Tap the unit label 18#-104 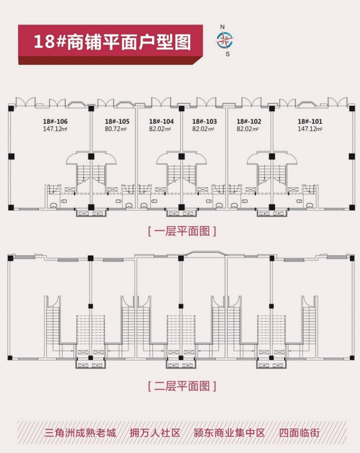[161, 122]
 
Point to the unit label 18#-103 [204, 122]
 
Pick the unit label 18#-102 [249, 122]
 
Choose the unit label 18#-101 [310, 122]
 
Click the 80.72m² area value [116, 129]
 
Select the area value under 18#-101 [310, 129]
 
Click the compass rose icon [224, 40]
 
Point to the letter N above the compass [222, 26]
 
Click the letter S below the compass [227, 54]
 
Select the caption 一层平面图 [181, 232]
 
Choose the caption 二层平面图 [181, 387]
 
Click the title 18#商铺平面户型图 [112, 41]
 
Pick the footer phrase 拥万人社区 [155, 433]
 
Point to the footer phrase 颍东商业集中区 [229, 433]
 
